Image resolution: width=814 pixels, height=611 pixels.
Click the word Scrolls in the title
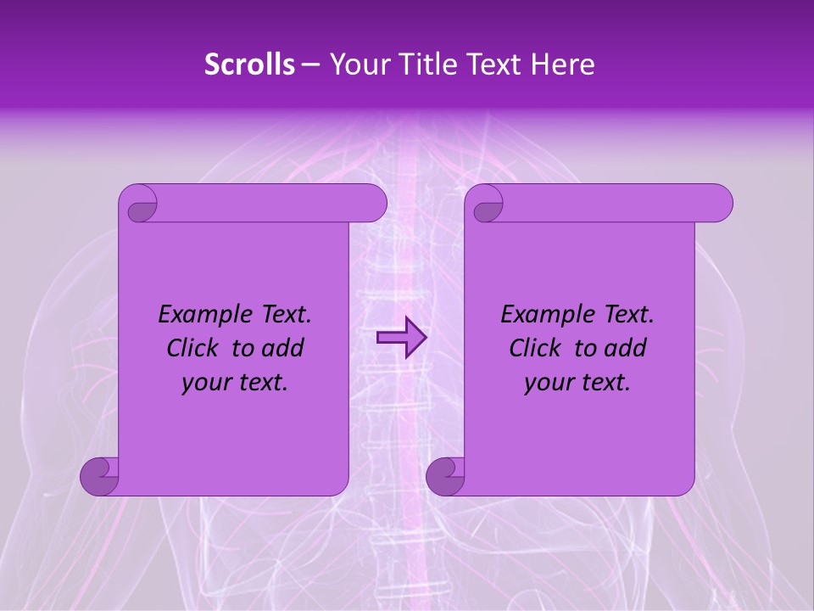250,64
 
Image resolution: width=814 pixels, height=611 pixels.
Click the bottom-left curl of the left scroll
99,476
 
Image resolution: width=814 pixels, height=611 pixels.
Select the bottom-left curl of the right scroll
445,476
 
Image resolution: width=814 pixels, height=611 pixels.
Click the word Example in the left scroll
201,315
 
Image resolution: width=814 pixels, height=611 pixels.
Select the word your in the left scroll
203,384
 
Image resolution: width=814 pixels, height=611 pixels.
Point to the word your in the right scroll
546,384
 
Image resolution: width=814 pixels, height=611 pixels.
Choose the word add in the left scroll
282,349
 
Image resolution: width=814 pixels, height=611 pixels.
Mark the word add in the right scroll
625,349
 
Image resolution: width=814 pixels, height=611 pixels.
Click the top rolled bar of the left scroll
271,203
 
